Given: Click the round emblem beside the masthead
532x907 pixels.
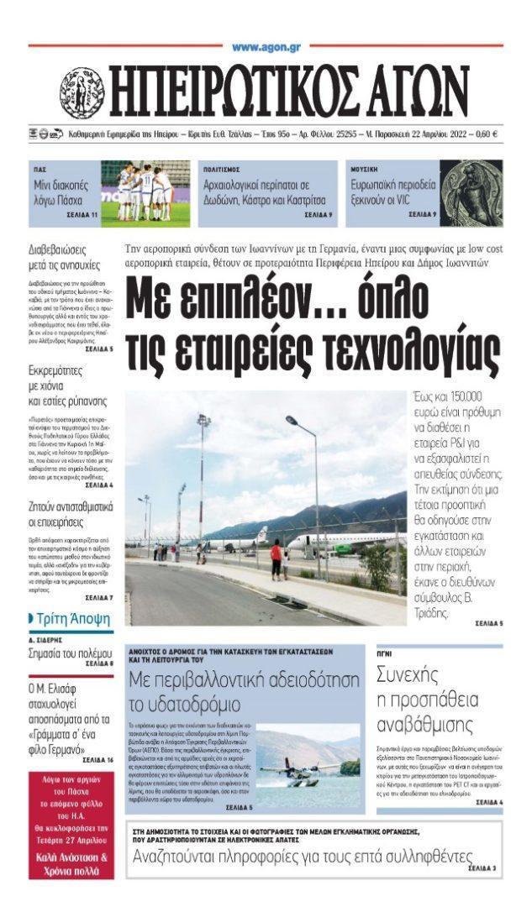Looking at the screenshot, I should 82,92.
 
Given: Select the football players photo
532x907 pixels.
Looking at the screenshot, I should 145,193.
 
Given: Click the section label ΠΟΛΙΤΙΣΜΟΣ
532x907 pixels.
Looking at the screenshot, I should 220,170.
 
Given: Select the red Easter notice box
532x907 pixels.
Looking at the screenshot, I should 71,825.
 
